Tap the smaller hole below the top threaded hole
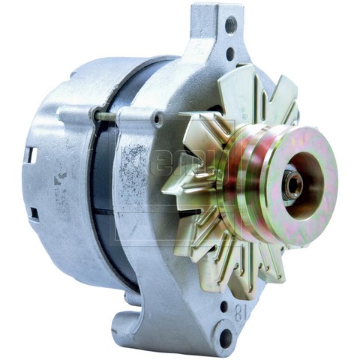pos(229,53)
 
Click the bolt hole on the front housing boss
pos(157,118)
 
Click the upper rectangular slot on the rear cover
pos(31,155)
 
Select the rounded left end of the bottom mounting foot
pos(120,330)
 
